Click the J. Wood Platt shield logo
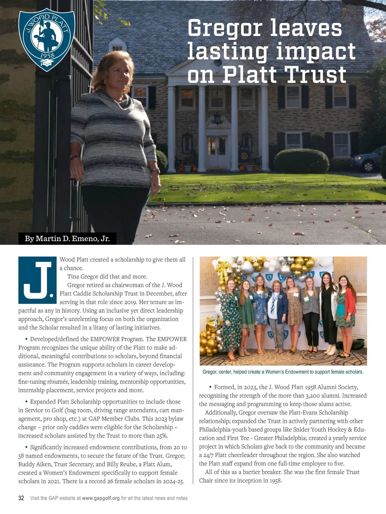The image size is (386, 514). (x=47, y=40)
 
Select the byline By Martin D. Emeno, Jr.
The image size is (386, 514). (x=67, y=239)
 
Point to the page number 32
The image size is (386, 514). (x=21, y=498)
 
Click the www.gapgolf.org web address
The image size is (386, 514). (x=101, y=498)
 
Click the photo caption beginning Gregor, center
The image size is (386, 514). (x=283, y=372)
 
